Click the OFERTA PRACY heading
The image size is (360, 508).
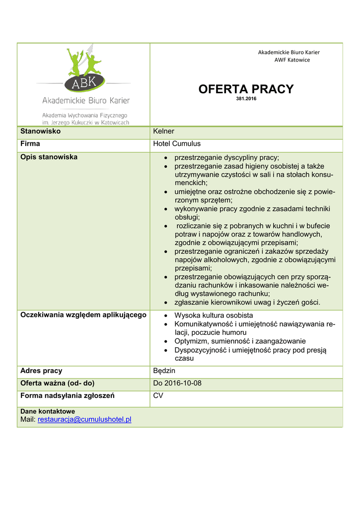point(246,89)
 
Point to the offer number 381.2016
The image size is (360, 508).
point(246,99)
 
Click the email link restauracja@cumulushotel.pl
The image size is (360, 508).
point(84,420)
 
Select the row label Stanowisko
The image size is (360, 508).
point(40,131)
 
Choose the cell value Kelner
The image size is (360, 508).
point(163,131)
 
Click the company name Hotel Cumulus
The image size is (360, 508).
point(177,144)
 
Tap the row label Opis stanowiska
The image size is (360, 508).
point(49,157)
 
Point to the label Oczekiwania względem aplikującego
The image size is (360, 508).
point(83,315)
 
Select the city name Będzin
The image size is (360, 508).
point(164,371)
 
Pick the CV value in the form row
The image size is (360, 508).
point(158,396)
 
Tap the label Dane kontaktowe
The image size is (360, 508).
point(48,412)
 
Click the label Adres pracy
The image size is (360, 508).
point(41,371)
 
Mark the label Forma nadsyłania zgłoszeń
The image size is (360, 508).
point(68,396)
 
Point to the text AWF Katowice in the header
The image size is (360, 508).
point(292,60)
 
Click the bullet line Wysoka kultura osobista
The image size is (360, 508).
point(214,316)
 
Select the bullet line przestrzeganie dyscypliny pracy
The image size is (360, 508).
point(227,157)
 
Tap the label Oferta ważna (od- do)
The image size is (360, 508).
point(57,383)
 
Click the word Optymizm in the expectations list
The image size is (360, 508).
point(190,341)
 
